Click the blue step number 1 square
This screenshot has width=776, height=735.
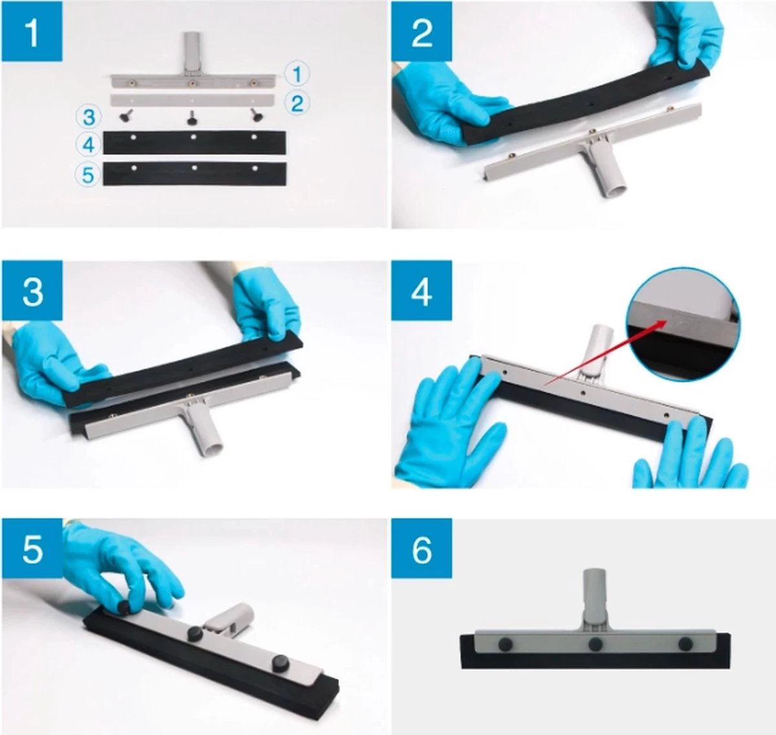[32, 32]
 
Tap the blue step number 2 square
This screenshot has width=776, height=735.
[422, 32]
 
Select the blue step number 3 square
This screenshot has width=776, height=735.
[32, 290]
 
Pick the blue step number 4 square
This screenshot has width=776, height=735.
[422, 290]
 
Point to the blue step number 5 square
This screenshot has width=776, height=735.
[32, 549]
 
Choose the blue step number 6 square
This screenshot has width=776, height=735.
[422, 549]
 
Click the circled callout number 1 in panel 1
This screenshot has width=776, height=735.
[297, 74]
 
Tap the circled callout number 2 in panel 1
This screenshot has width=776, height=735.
[297, 103]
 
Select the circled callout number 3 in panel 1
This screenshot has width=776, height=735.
[89, 117]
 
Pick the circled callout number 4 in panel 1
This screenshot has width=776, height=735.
[89, 144]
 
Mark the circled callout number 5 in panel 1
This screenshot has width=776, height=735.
[88, 175]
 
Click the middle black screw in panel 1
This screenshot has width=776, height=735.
[192, 116]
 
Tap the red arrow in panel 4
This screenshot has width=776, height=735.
[605, 354]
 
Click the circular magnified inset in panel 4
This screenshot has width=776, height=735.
[684, 325]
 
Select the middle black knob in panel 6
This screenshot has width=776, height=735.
[595, 644]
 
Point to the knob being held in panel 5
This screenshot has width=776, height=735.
[125, 606]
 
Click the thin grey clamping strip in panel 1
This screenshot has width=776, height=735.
[192, 100]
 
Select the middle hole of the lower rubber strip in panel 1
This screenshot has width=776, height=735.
[194, 168]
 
